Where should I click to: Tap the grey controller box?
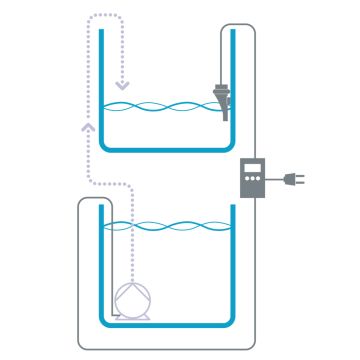[x=254, y=178]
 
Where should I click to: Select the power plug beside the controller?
[x=292, y=179]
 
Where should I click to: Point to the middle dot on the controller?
[x=254, y=185]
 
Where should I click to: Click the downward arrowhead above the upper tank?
[x=122, y=82]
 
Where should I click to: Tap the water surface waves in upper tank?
[x=160, y=106]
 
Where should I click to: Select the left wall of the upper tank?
[x=102, y=90]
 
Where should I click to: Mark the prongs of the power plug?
[x=301, y=179]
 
